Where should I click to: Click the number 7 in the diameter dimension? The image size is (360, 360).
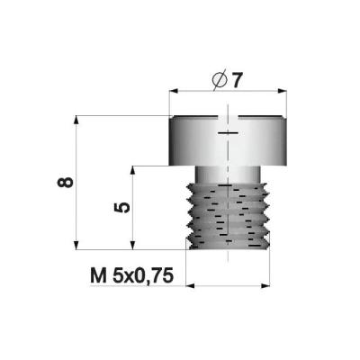[237, 80]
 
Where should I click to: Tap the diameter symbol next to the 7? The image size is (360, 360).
[219, 80]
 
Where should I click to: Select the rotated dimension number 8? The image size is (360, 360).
[66, 183]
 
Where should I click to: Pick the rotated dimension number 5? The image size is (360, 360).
[122, 208]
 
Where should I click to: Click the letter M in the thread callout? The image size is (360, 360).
[98, 275]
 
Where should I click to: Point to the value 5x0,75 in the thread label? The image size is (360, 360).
[143, 276]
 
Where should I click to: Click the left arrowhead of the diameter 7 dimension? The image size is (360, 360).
[174, 91]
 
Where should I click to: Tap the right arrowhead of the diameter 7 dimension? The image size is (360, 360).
[283, 91]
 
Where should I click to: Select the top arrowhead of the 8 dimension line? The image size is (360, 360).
[76, 120]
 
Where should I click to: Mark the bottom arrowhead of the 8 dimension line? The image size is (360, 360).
[76, 245]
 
